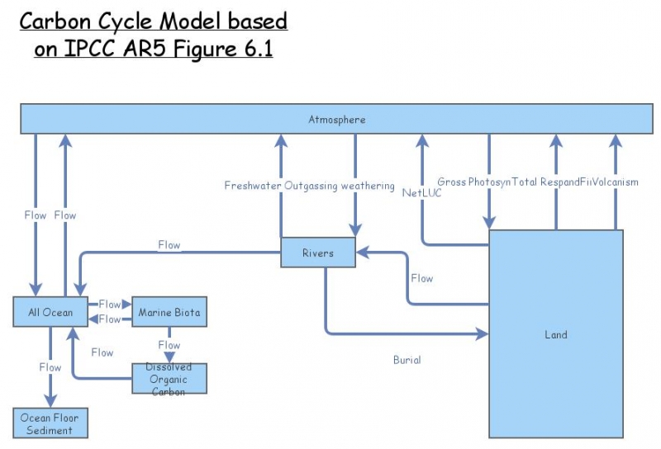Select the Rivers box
point(318,253)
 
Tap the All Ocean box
point(50,313)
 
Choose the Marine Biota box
point(169,313)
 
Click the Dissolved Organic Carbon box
point(169,379)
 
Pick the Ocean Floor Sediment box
point(50,423)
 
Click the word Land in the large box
point(555,335)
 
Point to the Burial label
point(407,360)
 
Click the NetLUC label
point(421,193)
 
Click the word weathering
point(368,186)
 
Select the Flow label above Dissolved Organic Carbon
point(169,345)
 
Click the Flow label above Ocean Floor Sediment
point(50,367)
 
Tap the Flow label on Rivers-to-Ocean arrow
point(169,245)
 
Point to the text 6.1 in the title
point(253,49)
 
